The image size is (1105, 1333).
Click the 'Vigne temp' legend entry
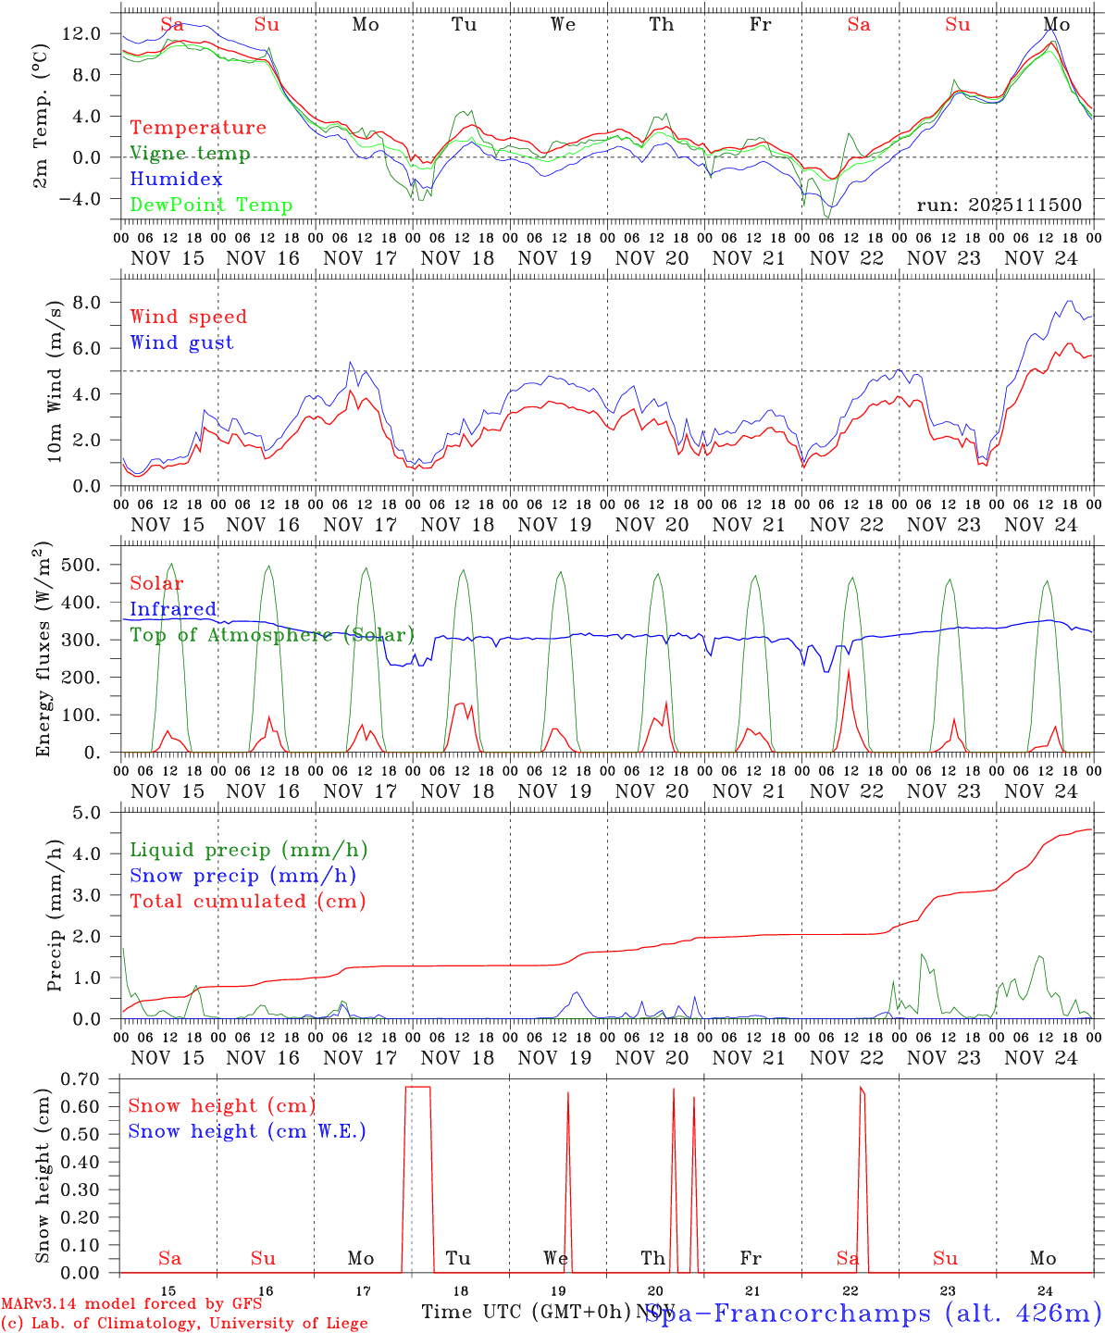pos(190,154)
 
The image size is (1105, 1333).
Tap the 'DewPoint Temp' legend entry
pos(211,205)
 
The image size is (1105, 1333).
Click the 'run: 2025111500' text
pos(999,205)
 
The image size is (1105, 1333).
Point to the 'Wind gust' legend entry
pos(181,343)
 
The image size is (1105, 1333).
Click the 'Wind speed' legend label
pos(189,317)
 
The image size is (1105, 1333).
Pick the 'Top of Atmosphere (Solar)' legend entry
pos(272,635)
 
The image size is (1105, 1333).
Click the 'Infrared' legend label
pos(173,609)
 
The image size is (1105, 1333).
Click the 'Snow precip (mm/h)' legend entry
pos(243,876)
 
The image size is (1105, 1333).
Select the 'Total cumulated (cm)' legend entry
pos(248,901)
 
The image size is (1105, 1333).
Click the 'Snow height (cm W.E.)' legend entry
pos(247,1131)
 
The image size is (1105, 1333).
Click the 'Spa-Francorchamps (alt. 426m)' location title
pos(873,1313)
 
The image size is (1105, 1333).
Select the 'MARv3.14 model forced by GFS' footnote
pos(130,1304)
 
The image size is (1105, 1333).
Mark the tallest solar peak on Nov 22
pos(849,669)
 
